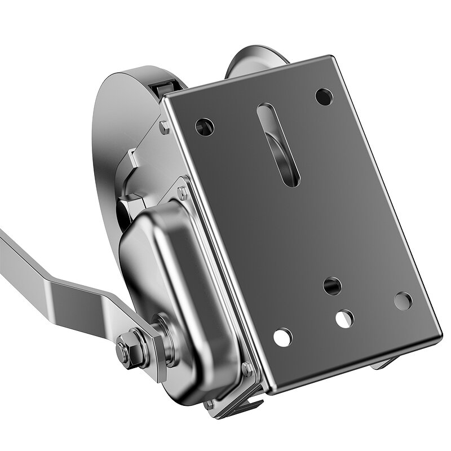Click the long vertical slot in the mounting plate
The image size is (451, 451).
[277, 144]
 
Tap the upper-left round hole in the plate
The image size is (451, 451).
[204, 126]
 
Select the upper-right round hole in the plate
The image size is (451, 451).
[324, 97]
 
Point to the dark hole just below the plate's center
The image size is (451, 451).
[332, 286]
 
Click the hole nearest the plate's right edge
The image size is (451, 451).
[403, 300]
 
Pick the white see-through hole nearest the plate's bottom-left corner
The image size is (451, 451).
[282, 337]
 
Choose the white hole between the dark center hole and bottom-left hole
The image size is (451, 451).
[344, 319]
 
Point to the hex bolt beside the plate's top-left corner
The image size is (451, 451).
[164, 127]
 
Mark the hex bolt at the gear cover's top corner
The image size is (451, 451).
[182, 193]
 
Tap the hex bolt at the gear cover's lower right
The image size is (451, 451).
[246, 369]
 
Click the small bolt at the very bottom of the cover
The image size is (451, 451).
[209, 404]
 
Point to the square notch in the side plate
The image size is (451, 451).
[133, 161]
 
